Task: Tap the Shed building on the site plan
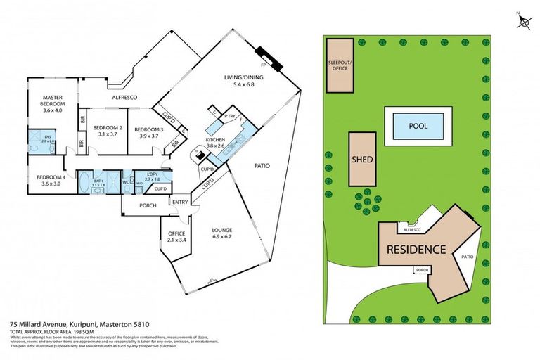(x=361, y=160)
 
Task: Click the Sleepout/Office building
(x=341, y=65)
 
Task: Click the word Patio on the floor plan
(x=262, y=167)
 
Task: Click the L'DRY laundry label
(x=153, y=176)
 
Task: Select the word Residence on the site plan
(x=415, y=250)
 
